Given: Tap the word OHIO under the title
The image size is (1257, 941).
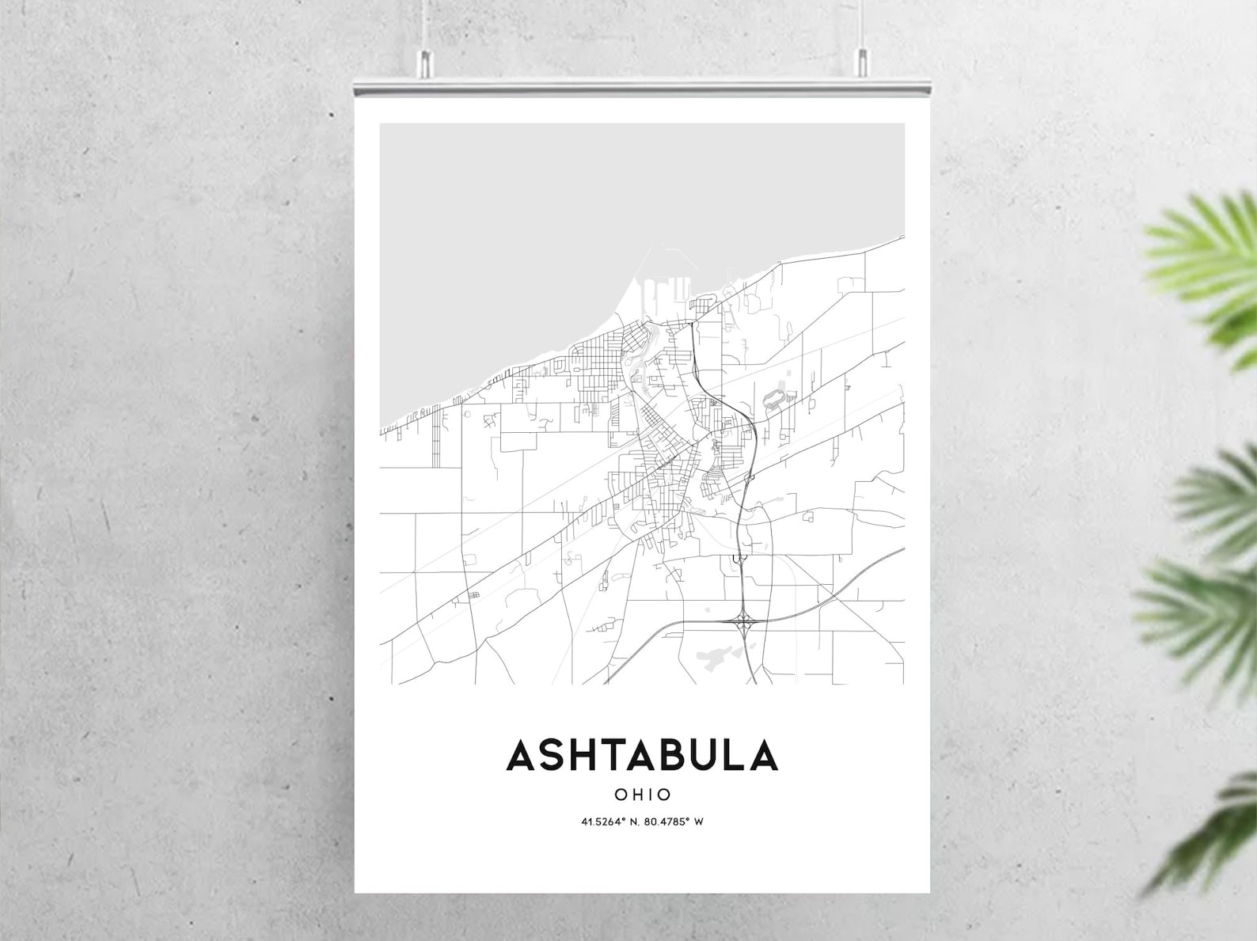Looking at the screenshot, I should pos(643,795).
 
